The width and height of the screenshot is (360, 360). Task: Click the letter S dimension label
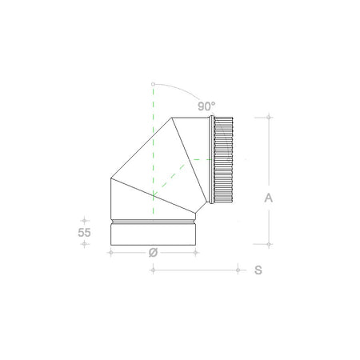(258, 270)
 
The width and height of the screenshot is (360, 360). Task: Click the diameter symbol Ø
(153, 254)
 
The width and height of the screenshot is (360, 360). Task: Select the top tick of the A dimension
(268, 118)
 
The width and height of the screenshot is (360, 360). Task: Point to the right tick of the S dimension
(238, 270)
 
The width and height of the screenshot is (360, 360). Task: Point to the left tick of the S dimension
(152, 270)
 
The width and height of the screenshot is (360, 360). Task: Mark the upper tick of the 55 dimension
(83, 218)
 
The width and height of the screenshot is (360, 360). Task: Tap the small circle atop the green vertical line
(151, 82)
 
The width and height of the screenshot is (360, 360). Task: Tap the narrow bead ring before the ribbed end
(210, 160)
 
